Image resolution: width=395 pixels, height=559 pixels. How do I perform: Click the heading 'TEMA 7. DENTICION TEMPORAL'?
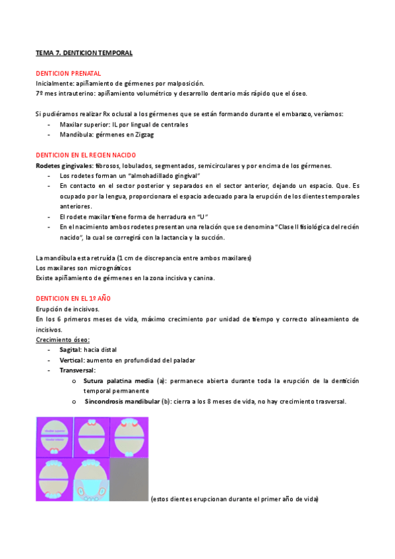84,52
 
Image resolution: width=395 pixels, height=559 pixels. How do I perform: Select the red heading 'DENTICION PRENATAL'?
68,73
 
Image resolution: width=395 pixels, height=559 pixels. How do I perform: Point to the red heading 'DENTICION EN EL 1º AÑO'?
73,299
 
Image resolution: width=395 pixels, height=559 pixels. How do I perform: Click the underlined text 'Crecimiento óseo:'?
63,339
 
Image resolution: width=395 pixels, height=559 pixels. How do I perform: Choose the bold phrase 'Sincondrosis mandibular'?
125,401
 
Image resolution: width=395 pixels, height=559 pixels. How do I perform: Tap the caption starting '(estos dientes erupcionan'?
235,499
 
